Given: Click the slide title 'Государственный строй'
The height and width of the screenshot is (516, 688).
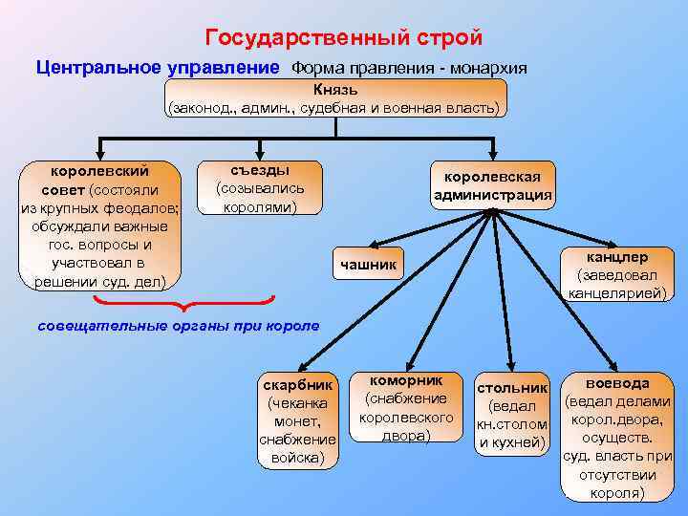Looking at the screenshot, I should pyautogui.click(x=344, y=38).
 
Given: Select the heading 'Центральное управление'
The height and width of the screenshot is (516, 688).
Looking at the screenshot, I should pyautogui.click(x=158, y=69).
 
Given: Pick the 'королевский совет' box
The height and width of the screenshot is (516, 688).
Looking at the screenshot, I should pyautogui.click(x=99, y=226).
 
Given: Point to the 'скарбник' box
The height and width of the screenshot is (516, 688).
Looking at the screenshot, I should pyautogui.click(x=298, y=420).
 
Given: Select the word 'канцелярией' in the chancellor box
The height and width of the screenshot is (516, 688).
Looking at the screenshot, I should pyautogui.click(x=617, y=292).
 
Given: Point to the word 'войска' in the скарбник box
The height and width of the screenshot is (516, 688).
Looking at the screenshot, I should pyautogui.click(x=298, y=457).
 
